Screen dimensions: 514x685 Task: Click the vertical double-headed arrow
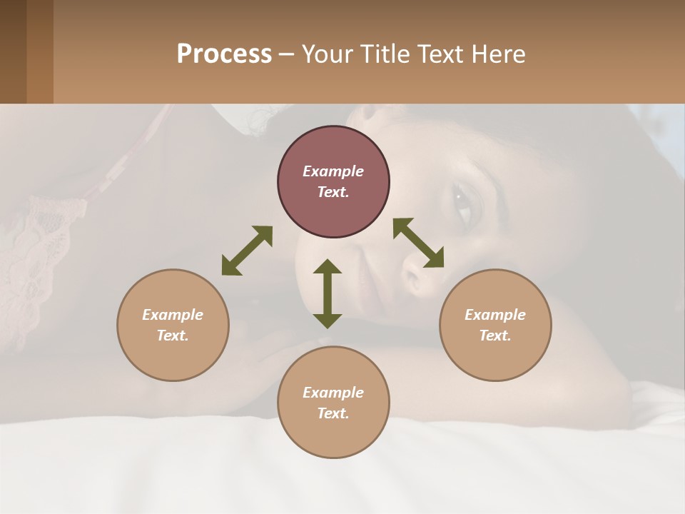click(x=328, y=293)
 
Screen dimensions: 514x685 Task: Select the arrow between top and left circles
click(x=247, y=251)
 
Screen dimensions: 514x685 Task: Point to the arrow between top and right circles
click(x=418, y=243)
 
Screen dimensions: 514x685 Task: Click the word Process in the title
click(x=224, y=54)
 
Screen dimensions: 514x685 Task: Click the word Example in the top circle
click(x=333, y=171)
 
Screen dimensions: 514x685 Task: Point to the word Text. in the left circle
click(x=173, y=336)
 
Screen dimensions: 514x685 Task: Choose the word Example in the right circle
click(x=495, y=315)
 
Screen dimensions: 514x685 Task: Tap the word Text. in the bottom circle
click(x=333, y=413)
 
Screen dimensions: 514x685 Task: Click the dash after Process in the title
click(x=287, y=54)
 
